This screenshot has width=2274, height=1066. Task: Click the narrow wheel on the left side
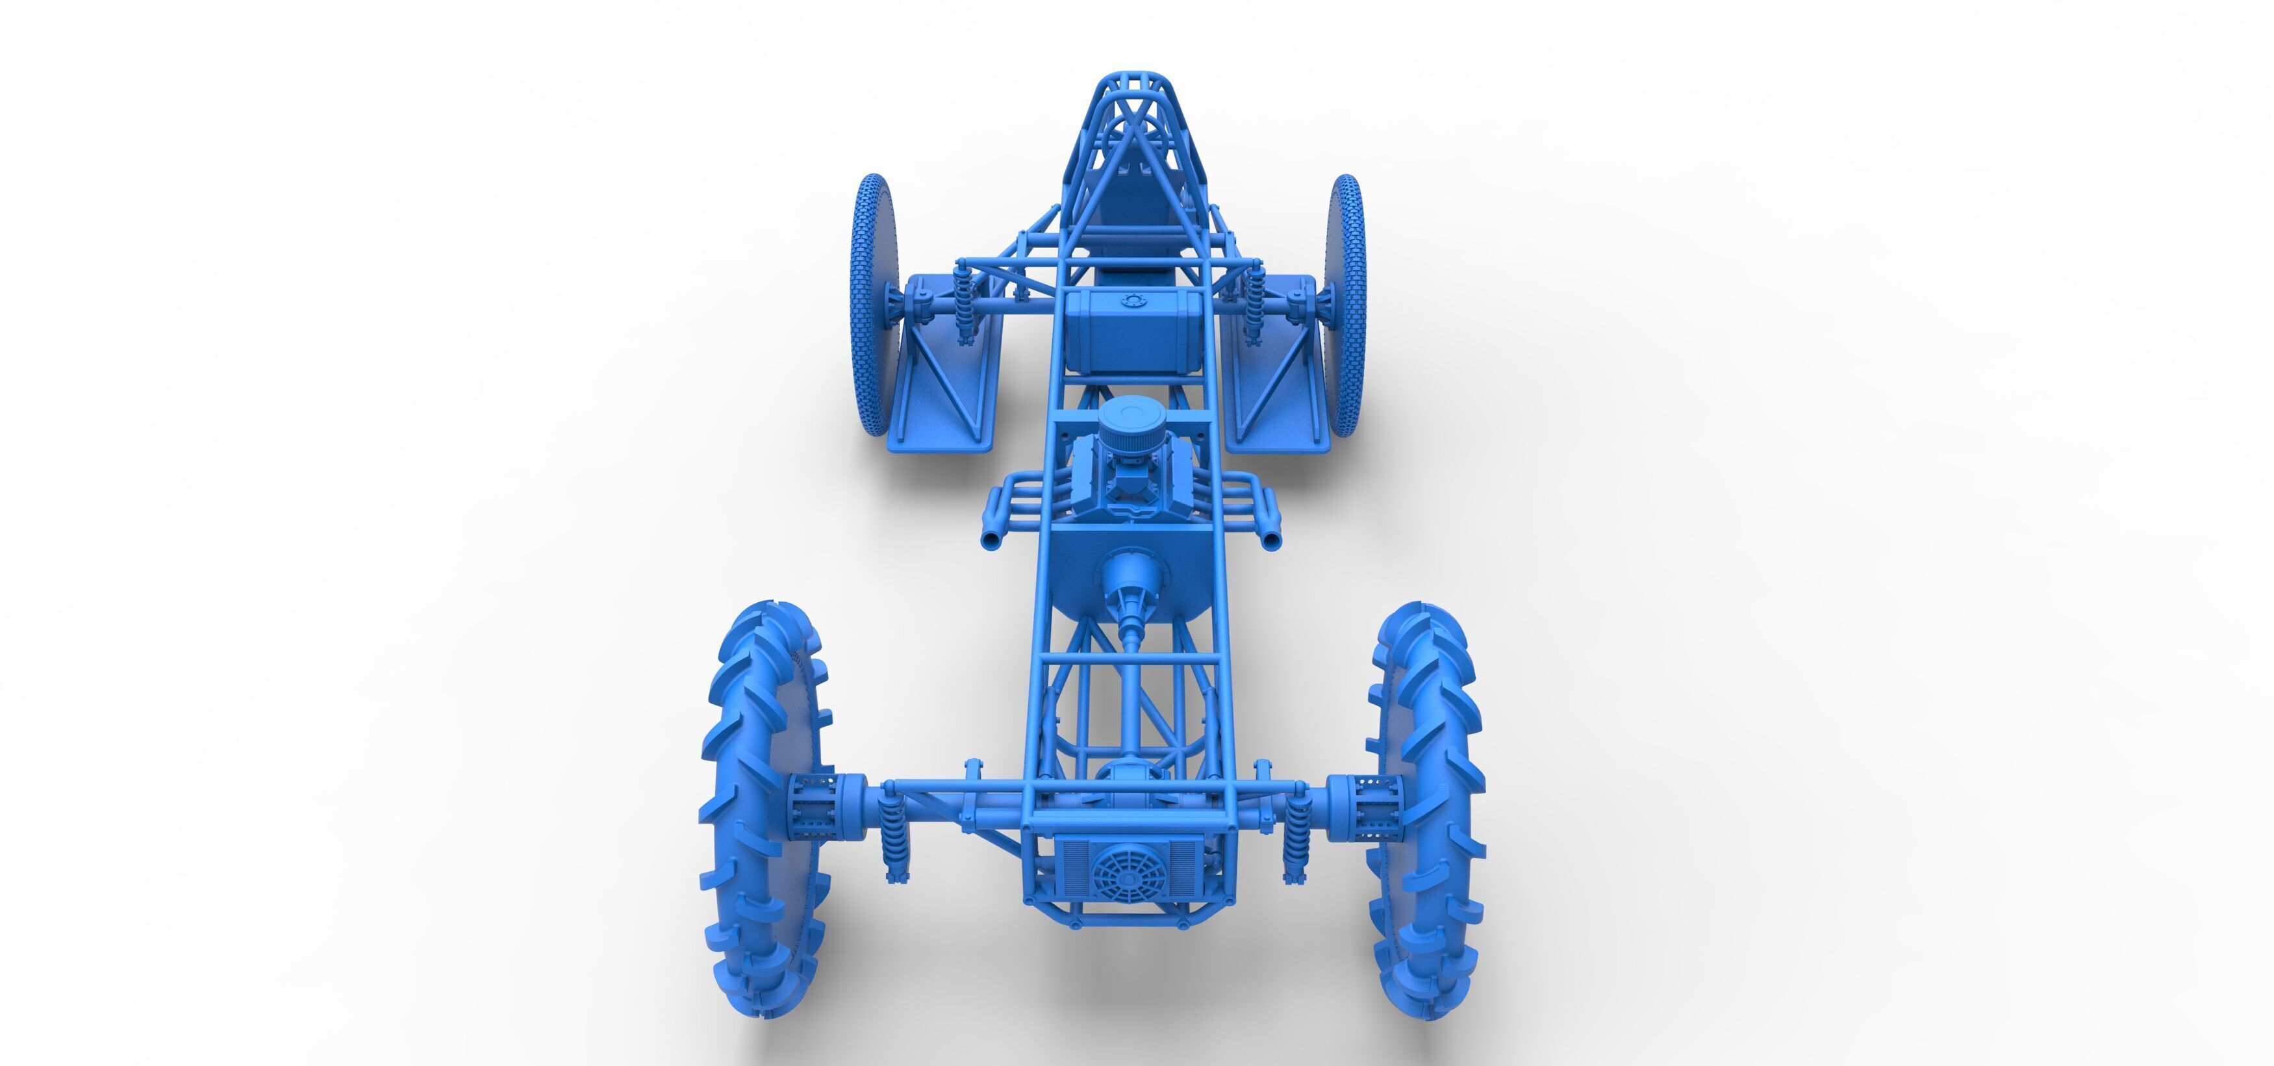point(873,305)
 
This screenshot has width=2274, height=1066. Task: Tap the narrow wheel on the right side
point(1346,305)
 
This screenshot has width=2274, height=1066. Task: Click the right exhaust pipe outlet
point(1272,539)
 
